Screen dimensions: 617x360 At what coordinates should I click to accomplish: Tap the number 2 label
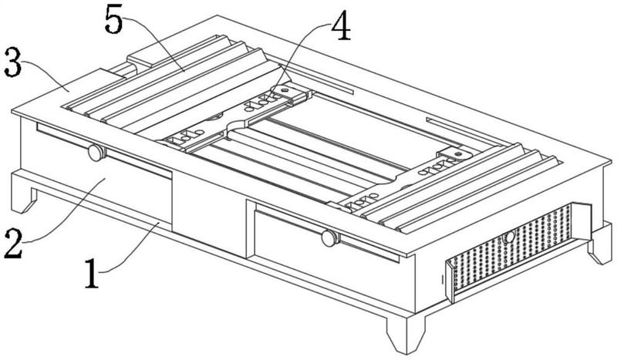pyautogui.click(x=13, y=244)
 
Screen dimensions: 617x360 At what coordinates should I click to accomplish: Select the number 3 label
pyautogui.click(x=12, y=62)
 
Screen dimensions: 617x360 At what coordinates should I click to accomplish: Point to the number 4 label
pyautogui.click(x=341, y=25)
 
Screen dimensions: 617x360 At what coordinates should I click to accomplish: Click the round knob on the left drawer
pyautogui.click(x=96, y=153)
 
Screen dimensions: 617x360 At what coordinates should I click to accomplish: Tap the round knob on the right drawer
pyautogui.click(x=330, y=238)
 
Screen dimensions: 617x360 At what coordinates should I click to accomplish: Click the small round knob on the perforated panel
pyautogui.click(x=510, y=237)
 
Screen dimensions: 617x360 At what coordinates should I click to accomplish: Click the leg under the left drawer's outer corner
pyautogui.click(x=24, y=193)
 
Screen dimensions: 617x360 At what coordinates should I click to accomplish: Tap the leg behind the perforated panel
pyautogui.click(x=600, y=244)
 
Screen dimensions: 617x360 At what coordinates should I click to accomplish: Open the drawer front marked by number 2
pyautogui.click(x=96, y=173)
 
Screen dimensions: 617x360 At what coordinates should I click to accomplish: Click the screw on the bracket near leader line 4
pyautogui.click(x=284, y=90)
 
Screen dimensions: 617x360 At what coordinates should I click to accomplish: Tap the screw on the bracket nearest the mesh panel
pyautogui.click(x=457, y=153)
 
